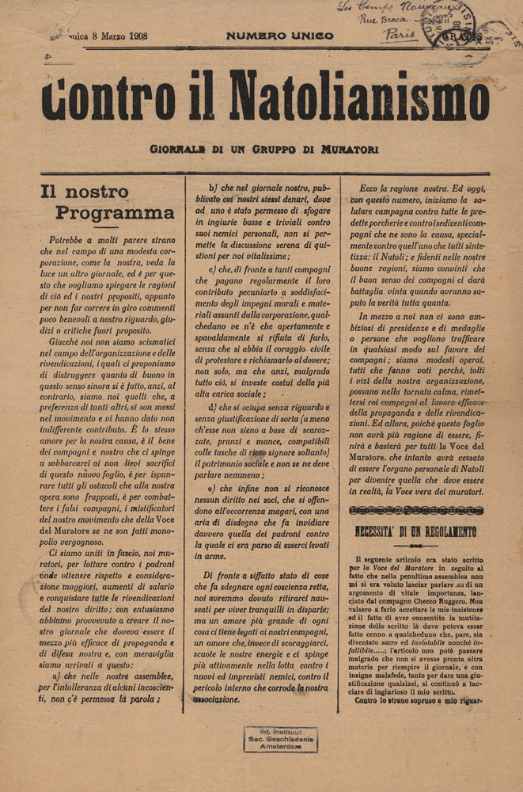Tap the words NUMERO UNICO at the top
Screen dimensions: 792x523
tap(279, 36)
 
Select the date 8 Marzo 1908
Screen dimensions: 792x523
tap(114, 36)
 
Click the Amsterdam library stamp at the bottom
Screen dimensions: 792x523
tap(280, 740)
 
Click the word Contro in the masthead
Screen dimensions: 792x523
tap(89, 97)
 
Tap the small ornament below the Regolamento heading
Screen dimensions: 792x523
tap(426, 546)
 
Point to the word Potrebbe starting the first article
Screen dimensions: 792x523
tap(70, 238)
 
